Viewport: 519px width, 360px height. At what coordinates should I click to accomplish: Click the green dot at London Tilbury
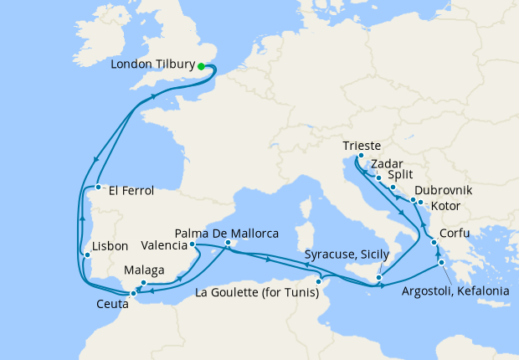[201, 65]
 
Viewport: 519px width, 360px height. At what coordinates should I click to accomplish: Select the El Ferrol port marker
[98, 188]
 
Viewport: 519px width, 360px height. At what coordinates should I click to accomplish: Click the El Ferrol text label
[130, 191]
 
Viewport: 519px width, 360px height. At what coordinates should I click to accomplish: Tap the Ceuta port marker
[133, 294]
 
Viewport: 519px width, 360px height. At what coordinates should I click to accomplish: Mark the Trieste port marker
[360, 156]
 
